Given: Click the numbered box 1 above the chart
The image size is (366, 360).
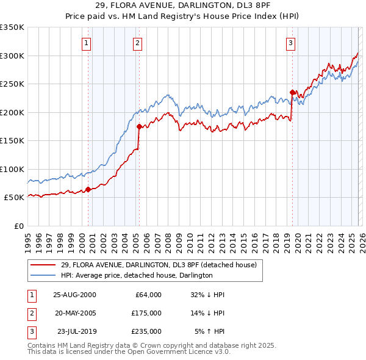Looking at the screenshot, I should [x=87, y=43].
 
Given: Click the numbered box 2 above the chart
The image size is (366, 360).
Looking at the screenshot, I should [x=138, y=43].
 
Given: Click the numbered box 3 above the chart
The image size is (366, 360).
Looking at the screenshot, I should [x=291, y=43].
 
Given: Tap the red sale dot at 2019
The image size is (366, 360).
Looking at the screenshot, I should [x=292, y=93].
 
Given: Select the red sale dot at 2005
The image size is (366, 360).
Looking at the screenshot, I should [x=139, y=127].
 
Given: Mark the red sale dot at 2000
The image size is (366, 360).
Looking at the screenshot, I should [x=88, y=189].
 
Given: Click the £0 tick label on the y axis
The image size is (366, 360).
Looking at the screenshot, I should [x=19, y=226].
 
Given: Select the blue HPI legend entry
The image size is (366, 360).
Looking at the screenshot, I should [x=136, y=275].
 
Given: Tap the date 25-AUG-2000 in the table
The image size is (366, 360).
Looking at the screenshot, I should [x=74, y=294].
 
